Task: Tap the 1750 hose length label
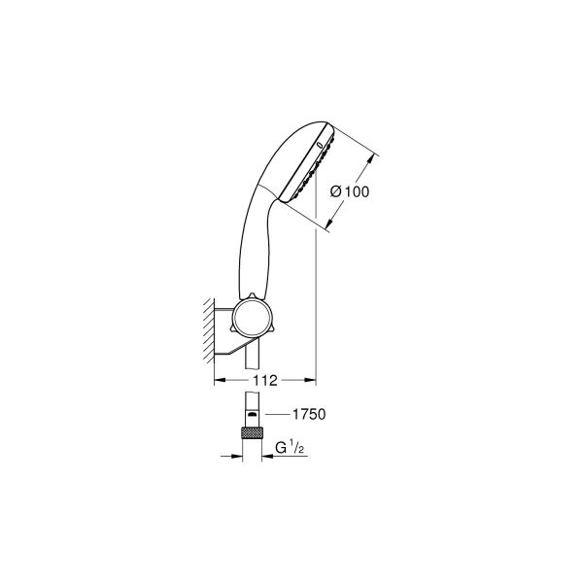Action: (307, 414)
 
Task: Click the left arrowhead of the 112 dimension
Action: (219, 379)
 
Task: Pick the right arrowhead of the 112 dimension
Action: (312, 379)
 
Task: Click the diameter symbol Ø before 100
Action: (336, 191)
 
